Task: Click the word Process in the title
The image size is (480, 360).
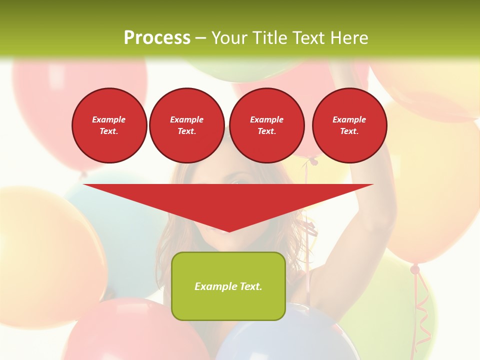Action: coord(157,38)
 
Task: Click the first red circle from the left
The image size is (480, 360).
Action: coord(109,125)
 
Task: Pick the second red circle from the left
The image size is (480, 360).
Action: coord(186,125)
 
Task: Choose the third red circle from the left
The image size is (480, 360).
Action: coord(266,125)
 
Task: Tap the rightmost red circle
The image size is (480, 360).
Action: coord(349,125)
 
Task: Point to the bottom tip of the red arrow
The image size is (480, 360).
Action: coord(229,231)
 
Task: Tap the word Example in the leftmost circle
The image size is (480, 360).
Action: coord(109,119)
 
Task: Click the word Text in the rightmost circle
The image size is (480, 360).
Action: coord(349,131)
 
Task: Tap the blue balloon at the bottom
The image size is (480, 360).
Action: coord(280,335)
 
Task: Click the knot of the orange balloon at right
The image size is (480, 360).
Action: coord(415,269)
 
